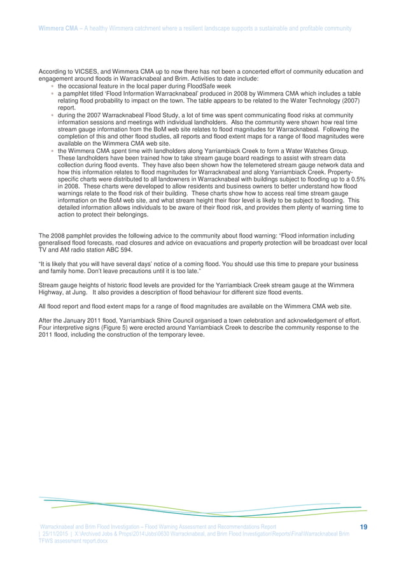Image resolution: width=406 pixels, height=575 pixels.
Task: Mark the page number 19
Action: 364,527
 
